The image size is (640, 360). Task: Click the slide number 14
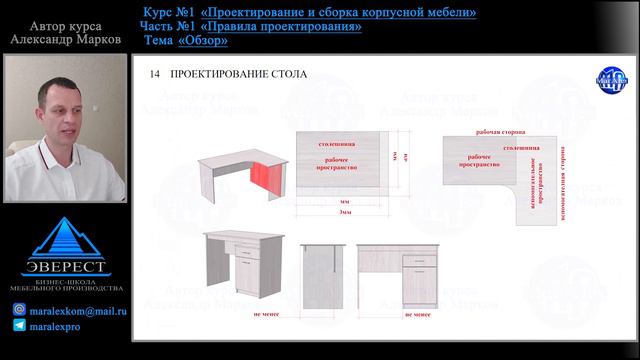[x=153, y=75]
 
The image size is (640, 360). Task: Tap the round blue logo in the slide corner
[x=609, y=79]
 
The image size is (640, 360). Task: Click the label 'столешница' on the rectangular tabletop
[x=335, y=145]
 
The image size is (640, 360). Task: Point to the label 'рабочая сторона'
[x=502, y=131]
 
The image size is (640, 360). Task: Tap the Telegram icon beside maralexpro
[x=19, y=326]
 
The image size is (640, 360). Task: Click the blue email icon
[x=19, y=311]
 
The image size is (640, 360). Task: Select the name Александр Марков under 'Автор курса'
[x=64, y=42]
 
